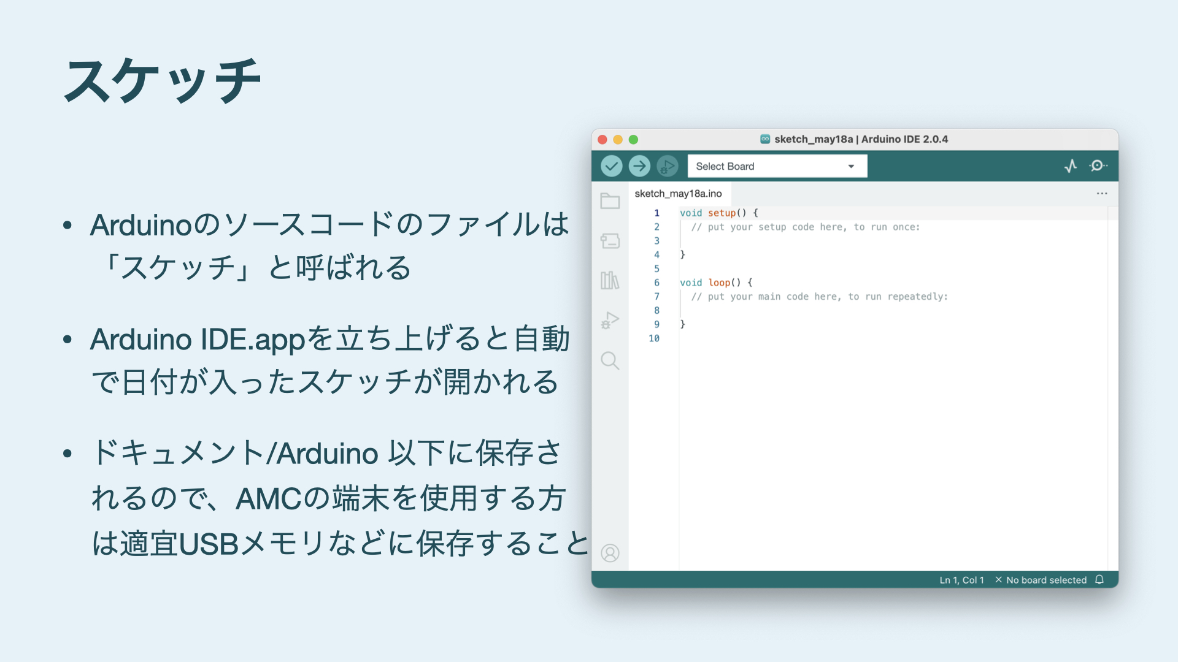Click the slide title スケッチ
(163, 80)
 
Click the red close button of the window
(602, 140)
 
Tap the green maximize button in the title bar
(633, 140)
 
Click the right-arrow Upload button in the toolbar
(639, 166)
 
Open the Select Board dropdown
(777, 166)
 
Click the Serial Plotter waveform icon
(1071, 166)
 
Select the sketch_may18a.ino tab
(678, 194)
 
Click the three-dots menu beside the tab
(1102, 194)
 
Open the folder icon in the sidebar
(610, 201)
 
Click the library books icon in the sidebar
(610, 281)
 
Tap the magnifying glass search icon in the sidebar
(610, 360)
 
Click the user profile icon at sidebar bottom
(610, 554)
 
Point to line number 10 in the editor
(654, 338)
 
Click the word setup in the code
(722, 213)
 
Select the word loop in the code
(719, 283)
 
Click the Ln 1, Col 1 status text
(961, 580)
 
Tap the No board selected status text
(1046, 580)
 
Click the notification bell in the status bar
(1099, 580)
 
